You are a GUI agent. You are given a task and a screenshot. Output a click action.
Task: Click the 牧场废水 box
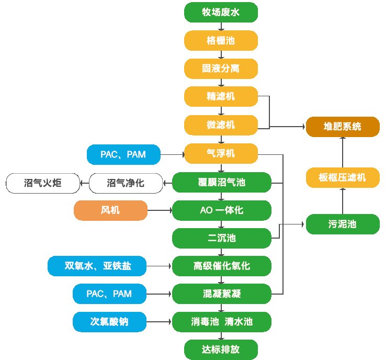(221, 12)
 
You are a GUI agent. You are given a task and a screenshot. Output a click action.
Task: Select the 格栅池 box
(221, 40)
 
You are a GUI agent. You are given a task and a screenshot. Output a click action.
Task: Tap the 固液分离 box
(221, 69)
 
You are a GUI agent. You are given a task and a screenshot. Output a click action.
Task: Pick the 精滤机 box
(221, 96)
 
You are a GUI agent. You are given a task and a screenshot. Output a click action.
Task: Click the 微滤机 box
(221, 125)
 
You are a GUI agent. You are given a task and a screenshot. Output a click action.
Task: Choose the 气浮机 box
(221, 154)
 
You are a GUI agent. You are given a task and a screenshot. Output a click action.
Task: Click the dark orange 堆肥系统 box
(342, 127)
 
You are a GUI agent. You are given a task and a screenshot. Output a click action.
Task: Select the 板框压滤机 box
(342, 177)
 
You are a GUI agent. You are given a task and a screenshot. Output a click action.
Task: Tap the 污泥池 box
(342, 224)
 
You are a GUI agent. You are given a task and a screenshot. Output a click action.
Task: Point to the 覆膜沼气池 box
(222, 183)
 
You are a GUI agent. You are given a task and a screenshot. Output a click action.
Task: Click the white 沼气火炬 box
(42, 183)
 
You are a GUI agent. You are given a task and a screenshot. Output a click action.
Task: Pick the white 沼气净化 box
(126, 183)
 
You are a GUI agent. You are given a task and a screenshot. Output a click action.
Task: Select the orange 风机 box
(110, 211)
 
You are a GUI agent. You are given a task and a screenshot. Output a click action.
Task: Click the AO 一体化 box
(222, 211)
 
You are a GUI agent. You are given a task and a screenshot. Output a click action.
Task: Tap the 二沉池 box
(222, 239)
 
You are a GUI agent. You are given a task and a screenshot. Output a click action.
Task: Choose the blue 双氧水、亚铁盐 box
(98, 266)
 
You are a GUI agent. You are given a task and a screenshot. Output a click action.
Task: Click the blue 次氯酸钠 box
(109, 322)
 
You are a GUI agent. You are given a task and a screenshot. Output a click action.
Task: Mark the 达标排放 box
(221, 349)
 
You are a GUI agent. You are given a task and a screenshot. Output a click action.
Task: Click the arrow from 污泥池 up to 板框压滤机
(342, 201)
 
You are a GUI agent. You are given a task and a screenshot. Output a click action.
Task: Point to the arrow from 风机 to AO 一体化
(160, 211)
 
